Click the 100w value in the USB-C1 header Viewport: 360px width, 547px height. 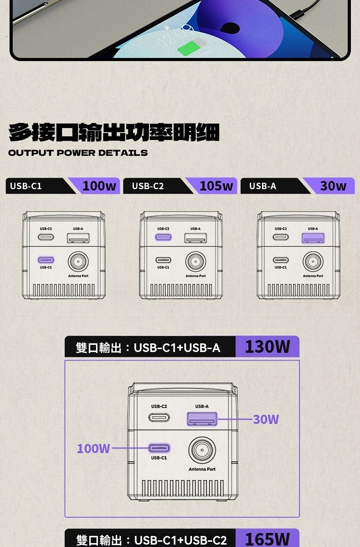tap(99, 186)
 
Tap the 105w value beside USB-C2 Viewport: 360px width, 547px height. tap(216, 186)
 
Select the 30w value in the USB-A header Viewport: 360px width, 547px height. tap(333, 186)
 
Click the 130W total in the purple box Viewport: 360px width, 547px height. tap(267, 347)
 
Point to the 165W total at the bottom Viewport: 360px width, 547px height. tap(267, 539)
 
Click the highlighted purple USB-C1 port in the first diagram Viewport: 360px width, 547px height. tap(46, 260)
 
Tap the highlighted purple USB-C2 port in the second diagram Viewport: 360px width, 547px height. tap(163, 237)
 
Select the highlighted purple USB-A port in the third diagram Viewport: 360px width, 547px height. tap(313, 238)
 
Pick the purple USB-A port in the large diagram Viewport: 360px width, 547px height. tap(202, 419)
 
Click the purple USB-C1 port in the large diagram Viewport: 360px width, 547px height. tap(159, 448)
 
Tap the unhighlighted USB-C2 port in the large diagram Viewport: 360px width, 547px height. tap(159, 417)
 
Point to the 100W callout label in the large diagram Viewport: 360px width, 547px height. tap(93, 448)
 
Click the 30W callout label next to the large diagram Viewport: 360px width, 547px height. tap(266, 419)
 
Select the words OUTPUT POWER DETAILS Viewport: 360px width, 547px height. tap(78, 153)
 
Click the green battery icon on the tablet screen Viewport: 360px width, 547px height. tap(192, 47)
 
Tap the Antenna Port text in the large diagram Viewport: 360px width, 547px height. tap(202, 469)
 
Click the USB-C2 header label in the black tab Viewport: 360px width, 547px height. tap(147, 186)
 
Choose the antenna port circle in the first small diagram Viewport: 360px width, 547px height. tap(78, 261)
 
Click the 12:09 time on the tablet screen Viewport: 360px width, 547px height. tap(175, 35)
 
